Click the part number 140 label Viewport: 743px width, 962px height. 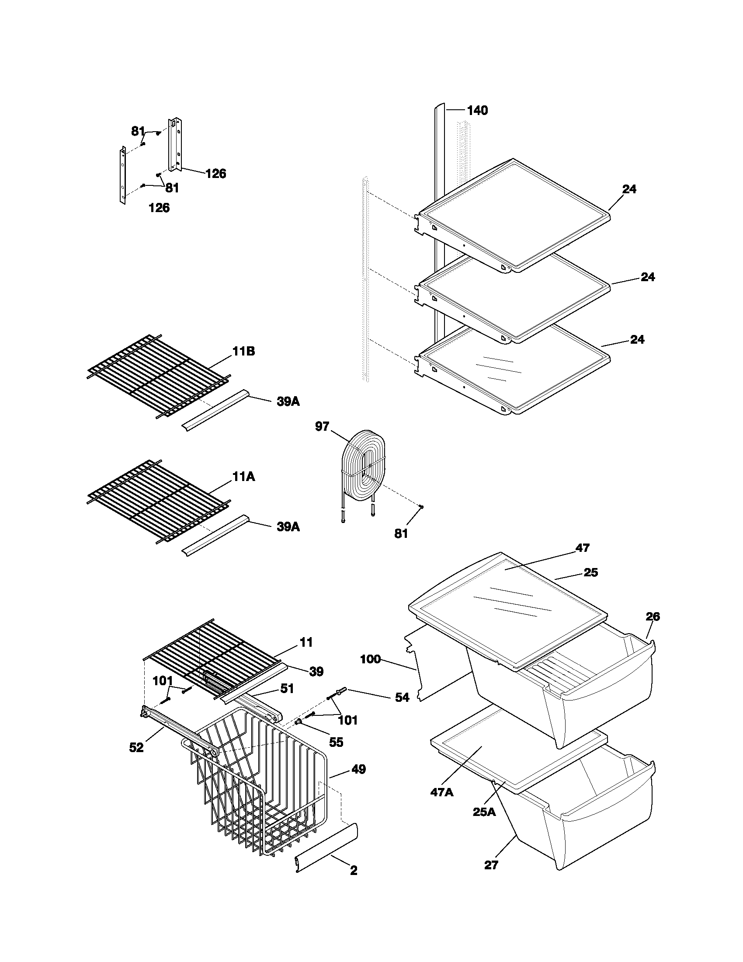(x=477, y=111)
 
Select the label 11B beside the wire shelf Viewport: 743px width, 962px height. (x=244, y=352)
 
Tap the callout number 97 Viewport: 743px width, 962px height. (x=322, y=426)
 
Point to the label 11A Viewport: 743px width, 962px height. (x=244, y=477)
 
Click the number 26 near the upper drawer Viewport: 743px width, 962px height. (x=653, y=617)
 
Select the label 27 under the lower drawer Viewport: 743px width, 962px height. (x=491, y=865)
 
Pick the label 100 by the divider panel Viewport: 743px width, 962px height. (x=371, y=659)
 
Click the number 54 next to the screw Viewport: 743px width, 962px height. (x=402, y=697)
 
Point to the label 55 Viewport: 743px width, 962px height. (x=336, y=742)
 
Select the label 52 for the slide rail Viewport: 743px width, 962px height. (x=136, y=747)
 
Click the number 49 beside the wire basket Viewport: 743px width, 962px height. (x=358, y=770)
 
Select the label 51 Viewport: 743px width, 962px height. (x=287, y=688)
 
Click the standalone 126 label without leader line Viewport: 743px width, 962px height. (x=160, y=208)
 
